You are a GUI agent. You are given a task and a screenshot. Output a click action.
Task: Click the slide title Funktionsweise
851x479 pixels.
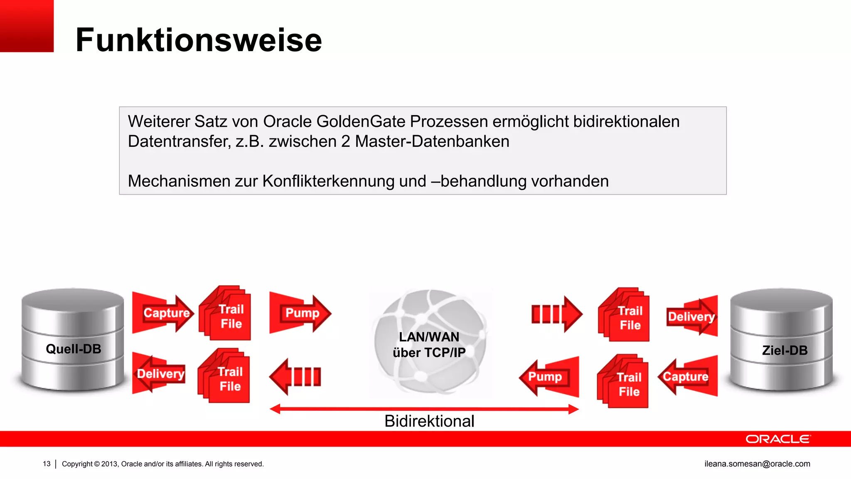[x=199, y=40]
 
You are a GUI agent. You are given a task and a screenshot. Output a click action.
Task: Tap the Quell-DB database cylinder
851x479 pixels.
[x=73, y=340]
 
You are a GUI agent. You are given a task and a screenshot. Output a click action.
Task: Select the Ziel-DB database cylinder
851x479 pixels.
[x=781, y=340]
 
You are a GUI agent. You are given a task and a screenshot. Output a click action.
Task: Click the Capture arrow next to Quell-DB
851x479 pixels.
[x=163, y=313]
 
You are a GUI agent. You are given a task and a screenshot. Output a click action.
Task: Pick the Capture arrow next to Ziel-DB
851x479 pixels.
[x=688, y=376]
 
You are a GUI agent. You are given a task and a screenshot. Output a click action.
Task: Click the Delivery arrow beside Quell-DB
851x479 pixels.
[x=159, y=373]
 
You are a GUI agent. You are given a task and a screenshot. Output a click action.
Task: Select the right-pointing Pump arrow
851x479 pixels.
[x=300, y=313]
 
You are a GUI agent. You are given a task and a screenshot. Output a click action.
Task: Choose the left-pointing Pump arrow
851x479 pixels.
[x=548, y=377]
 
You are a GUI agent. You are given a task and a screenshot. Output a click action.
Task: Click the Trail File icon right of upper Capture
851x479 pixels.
[x=225, y=314]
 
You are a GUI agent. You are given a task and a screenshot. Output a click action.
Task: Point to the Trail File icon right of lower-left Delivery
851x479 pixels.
[x=224, y=376]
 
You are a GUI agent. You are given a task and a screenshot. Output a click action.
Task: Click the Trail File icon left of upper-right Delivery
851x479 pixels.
[x=624, y=315]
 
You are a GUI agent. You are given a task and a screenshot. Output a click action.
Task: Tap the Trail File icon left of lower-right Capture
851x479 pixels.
[x=623, y=382]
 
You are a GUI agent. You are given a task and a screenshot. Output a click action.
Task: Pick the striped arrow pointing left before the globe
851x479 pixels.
[x=296, y=377]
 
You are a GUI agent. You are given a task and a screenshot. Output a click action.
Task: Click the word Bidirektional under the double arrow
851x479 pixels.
[x=429, y=421]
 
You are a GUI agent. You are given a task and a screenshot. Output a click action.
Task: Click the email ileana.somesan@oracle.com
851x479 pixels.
[x=757, y=464]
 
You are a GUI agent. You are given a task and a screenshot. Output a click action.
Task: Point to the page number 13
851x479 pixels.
[x=47, y=464]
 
